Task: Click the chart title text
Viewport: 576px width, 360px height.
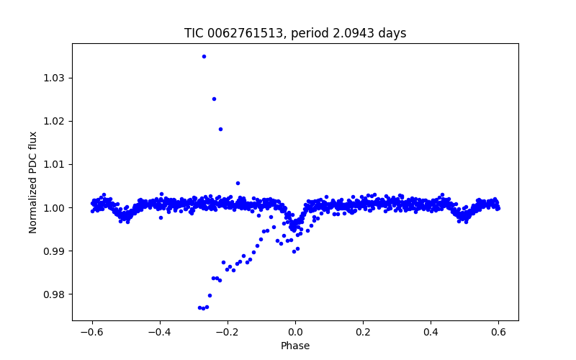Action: [295, 33]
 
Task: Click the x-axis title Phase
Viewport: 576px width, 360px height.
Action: [295, 346]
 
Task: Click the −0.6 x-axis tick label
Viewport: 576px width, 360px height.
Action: [92, 333]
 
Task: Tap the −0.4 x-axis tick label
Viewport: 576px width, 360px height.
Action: [160, 333]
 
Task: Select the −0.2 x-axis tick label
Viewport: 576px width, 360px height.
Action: [228, 333]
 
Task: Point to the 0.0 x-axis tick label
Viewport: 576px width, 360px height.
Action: [295, 333]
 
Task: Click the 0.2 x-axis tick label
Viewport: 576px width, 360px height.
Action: [363, 333]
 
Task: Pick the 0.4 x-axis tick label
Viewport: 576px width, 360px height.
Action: [431, 333]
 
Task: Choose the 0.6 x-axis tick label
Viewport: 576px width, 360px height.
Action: [498, 333]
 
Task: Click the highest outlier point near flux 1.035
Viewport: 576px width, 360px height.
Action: [204, 56]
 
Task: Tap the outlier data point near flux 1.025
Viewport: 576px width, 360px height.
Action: [214, 99]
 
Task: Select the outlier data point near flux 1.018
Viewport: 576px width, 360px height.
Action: [220, 129]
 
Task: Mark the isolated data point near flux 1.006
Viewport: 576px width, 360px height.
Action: [238, 183]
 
